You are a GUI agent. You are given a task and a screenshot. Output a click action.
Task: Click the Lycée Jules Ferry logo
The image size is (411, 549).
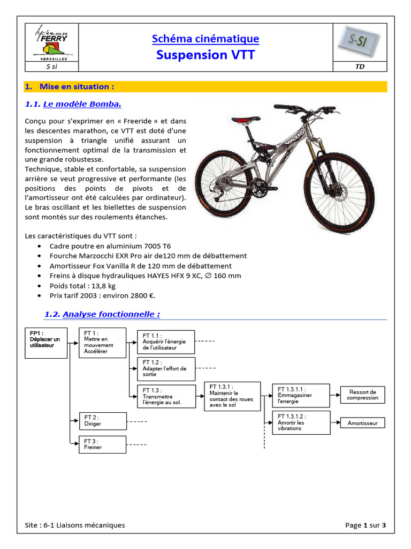tap(52, 42)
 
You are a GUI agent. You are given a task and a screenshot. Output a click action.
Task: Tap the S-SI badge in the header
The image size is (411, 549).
tap(360, 42)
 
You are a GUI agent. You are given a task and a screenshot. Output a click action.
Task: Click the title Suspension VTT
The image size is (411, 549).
tap(205, 55)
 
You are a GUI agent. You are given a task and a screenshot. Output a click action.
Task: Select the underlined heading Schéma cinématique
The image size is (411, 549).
tap(205, 39)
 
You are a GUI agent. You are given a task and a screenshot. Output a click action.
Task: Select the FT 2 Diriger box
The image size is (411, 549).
tap(103, 421)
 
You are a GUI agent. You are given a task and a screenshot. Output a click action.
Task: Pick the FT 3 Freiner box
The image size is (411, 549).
tap(103, 444)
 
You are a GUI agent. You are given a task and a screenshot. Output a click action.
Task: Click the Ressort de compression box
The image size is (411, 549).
tap(362, 395)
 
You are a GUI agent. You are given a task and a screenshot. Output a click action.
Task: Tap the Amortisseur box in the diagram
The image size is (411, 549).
tap(362, 423)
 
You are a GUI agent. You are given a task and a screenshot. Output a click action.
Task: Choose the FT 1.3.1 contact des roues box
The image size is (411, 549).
tap(232, 396)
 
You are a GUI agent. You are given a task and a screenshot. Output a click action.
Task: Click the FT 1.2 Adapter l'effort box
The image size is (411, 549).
tap(166, 369)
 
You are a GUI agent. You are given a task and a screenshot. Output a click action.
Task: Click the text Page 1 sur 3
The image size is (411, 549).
tap(367, 525)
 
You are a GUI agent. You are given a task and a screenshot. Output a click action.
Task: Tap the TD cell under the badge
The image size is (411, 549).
tap(360, 66)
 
